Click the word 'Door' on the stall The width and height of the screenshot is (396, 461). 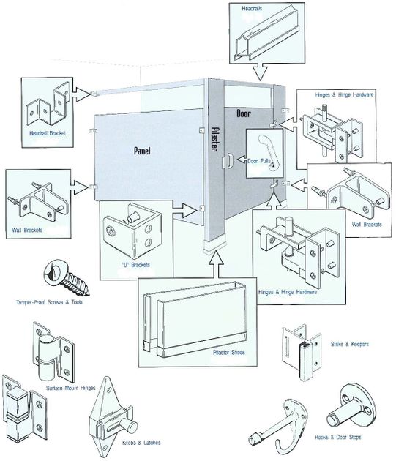click(244, 114)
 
